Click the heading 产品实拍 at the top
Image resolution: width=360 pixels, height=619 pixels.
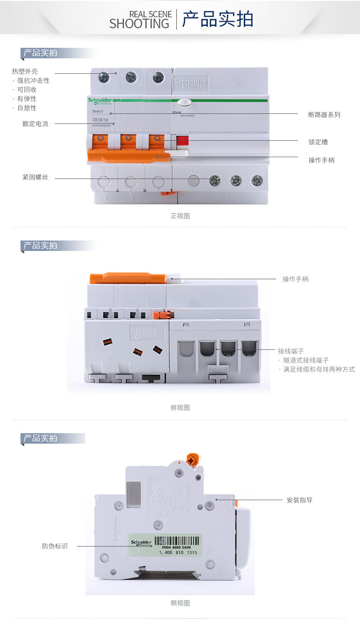coord(217,20)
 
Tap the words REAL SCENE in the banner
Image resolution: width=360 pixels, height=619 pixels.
coord(150,15)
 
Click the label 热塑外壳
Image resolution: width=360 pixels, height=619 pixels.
coord(25,72)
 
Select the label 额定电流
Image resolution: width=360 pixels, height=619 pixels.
coord(35,123)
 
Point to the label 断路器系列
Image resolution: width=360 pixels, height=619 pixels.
coord(324,115)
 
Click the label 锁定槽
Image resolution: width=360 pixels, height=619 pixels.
coord(318,142)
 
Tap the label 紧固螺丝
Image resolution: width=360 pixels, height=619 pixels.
coord(35,177)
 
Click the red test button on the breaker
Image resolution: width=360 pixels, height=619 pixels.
coord(182,140)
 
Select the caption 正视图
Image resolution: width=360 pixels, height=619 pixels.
coord(180,216)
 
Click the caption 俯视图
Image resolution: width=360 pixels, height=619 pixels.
coord(180,408)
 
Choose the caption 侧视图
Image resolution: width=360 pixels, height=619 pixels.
coord(180,603)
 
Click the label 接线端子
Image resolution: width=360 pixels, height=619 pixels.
coord(291,351)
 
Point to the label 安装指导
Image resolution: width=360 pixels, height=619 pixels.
coord(299,500)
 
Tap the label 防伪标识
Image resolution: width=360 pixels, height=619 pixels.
coord(55,546)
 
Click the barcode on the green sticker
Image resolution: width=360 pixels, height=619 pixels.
coord(177,541)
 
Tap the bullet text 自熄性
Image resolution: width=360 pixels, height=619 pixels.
coord(27,108)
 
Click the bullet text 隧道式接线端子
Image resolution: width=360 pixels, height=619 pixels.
coord(306,360)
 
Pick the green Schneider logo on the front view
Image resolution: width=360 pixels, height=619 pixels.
coord(100,101)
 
